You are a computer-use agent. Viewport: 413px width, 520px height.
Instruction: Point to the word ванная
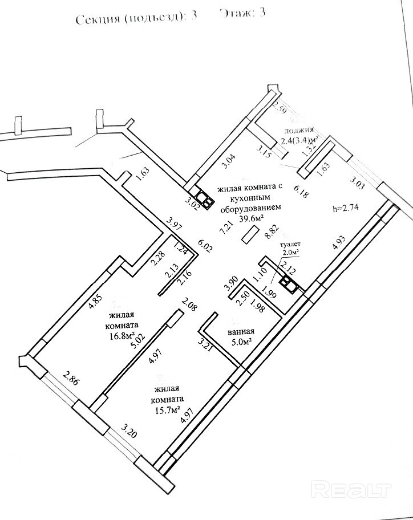pyautogui.click(x=241, y=332)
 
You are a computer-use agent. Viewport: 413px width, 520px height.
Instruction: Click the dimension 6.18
pyautogui.click(x=301, y=190)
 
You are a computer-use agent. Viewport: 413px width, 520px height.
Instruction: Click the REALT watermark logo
pyautogui.click(x=353, y=490)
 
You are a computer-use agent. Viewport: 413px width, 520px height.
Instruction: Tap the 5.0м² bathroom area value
pyautogui.click(x=241, y=342)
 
